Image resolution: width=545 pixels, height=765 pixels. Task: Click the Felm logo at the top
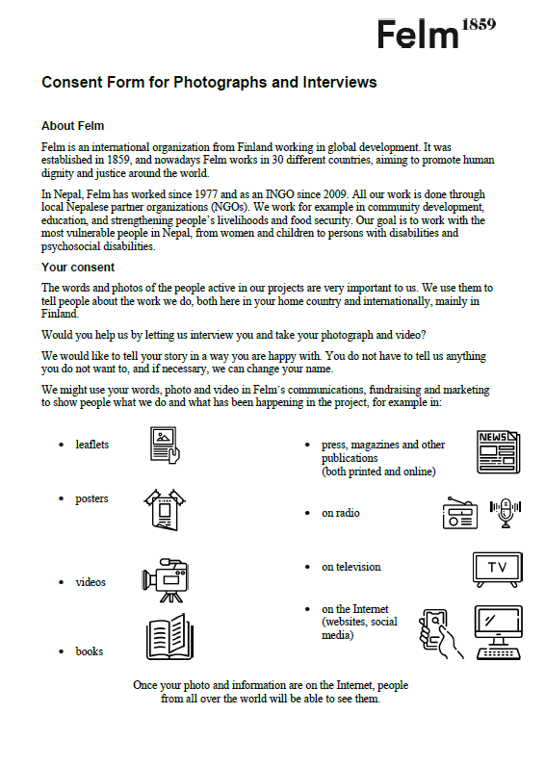tap(418, 34)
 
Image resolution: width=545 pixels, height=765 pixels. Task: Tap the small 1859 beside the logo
tap(479, 24)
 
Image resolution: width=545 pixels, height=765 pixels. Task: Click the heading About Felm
tap(73, 126)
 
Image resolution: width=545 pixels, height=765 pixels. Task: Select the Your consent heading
tap(78, 268)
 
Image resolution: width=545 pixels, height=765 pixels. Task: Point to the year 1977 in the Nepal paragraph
tap(206, 194)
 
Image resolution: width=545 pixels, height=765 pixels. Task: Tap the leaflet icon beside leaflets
tap(165, 445)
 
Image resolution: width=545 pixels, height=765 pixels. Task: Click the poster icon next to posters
tap(165, 510)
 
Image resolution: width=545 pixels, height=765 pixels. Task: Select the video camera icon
tap(165, 580)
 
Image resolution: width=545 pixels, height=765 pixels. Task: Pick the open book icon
tap(169, 637)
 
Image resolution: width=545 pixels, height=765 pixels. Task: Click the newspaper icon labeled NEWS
tap(499, 451)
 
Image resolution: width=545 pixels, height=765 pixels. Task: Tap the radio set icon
tap(460, 513)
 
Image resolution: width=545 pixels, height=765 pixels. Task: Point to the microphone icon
tap(506, 513)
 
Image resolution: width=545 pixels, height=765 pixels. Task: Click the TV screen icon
tap(498, 570)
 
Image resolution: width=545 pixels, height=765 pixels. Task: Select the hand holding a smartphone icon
tap(440, 634)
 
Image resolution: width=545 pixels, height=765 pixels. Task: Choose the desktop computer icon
tap(499, 633)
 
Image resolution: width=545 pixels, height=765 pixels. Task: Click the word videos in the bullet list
tap(91, 582)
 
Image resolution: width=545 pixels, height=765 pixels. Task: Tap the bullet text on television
tap(351, 567)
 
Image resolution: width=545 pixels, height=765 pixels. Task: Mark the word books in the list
tap(90, 651)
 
